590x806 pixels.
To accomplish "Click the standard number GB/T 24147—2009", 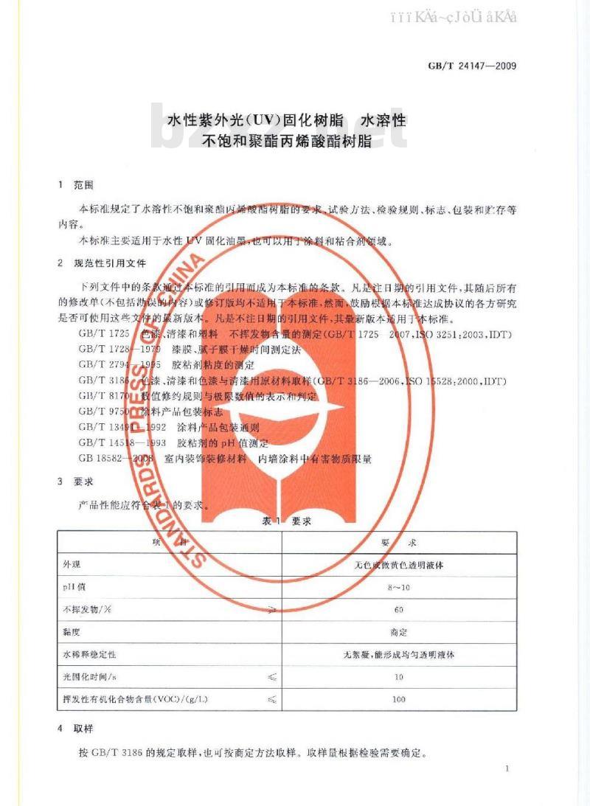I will click(472, 66).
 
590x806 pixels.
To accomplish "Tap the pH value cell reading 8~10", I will click(399, 588).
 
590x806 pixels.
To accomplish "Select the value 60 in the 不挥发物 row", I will click(399, 610).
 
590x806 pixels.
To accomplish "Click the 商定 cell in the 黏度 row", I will click(399, 632).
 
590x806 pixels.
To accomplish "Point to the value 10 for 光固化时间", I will click(399, 676).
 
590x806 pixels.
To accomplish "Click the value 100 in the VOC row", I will click(399, 698).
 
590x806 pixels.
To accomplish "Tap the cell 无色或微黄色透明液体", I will click(399, 566).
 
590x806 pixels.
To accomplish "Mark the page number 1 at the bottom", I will click(508, 769).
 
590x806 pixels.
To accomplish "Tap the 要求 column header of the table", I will click(399, 543).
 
